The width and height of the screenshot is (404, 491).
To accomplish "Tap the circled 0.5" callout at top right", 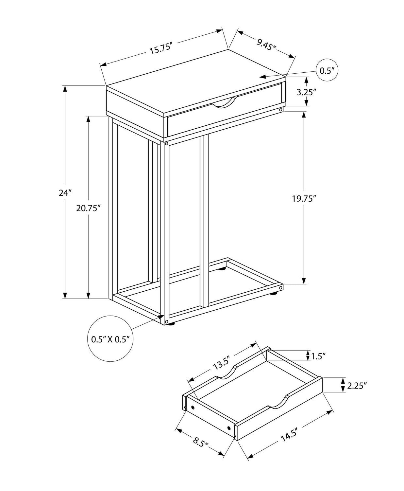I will click(327, 71).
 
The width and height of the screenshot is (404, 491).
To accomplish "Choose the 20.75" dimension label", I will click(88, 208).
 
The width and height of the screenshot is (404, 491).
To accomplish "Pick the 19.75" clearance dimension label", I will click(304, 199).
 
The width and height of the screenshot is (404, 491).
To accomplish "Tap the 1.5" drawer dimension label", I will click(319, 356).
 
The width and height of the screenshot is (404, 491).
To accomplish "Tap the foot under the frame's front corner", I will click(170, 325).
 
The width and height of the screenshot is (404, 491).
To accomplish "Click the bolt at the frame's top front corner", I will click(166, 143).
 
